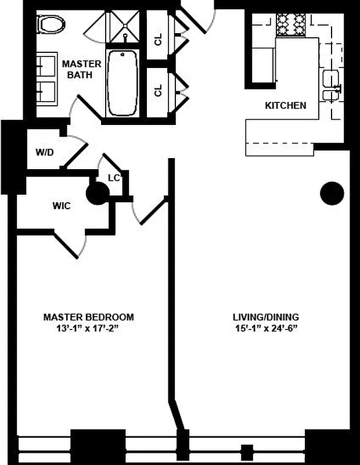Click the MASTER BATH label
(82, 69)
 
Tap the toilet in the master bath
(51, 24)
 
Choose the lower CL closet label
(158, 91)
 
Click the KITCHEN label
(285, 106)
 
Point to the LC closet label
(114, 178)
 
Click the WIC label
(62, 206)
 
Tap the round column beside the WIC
(98, 193)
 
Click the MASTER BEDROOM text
(89, 317)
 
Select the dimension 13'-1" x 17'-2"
(89, 328)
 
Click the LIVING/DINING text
(266, 317)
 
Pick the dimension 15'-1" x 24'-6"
(266, 328)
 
